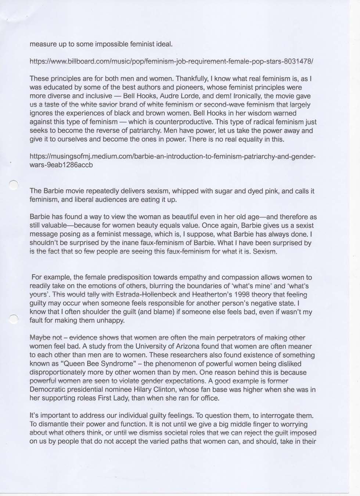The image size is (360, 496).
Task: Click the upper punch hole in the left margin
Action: [x=13, y=184]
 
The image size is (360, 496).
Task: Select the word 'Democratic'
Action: [x=47, y=389]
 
